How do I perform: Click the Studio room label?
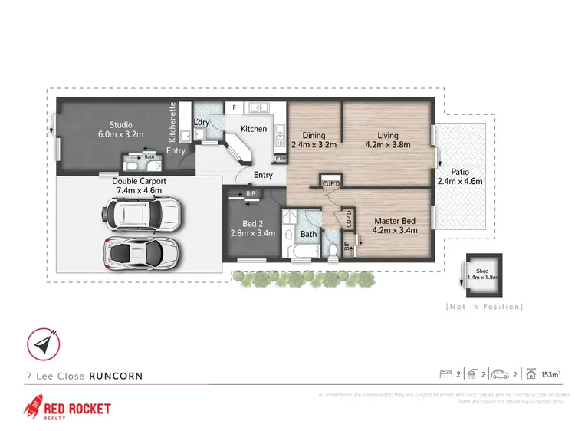(120, 125)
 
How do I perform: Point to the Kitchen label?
(254, 129)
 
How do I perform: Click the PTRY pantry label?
(281, 159)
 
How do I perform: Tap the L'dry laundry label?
(202, 123)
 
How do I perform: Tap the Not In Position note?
(485, 307)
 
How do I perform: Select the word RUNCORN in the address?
(116, 376)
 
